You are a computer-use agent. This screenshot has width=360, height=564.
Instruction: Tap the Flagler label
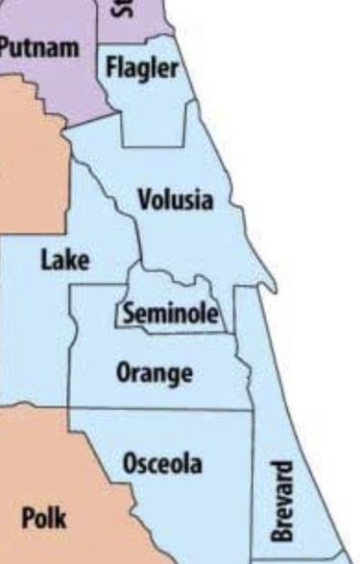[x=141, y=68]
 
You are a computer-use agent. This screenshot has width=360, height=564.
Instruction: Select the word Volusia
[x=175, y=201]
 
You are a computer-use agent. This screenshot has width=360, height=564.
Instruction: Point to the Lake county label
[x=64, y=260]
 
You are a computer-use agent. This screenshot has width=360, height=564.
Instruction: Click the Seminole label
[x=170, y=314]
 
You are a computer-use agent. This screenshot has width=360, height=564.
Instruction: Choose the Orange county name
[x=154, y=372]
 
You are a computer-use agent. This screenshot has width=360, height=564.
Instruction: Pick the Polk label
[x=44, y=519]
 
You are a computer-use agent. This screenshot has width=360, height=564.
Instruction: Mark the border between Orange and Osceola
[x=163, y=410]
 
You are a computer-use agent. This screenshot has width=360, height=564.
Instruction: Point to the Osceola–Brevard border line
[x=253, y=480]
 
